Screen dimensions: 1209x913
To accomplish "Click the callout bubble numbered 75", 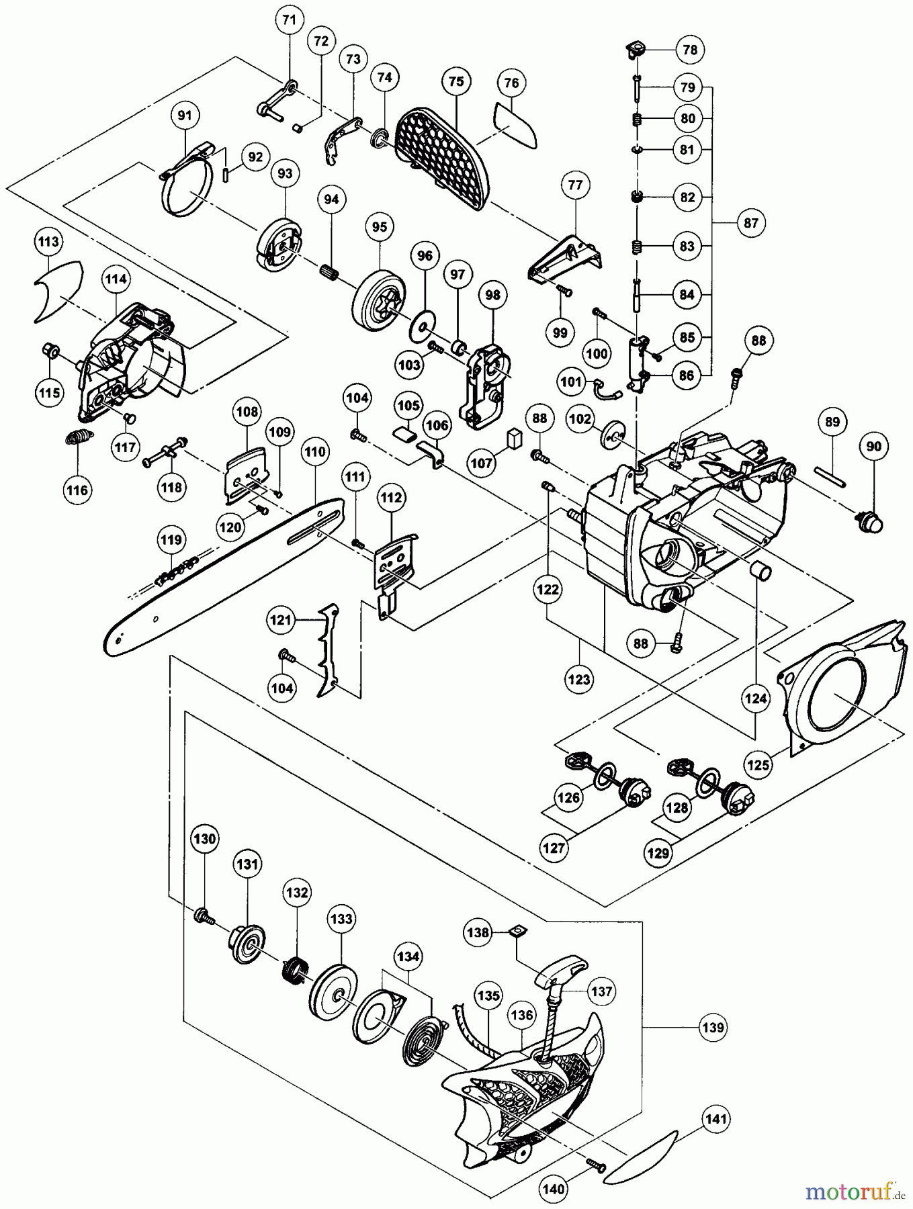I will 455,81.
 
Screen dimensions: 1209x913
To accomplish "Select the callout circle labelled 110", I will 314,453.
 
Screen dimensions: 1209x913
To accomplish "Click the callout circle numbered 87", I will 751,222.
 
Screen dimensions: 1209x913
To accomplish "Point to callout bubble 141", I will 718,1120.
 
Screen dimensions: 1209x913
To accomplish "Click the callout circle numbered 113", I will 49,242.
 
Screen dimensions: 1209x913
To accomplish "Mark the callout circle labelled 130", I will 206,838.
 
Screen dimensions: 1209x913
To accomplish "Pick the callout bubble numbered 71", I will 289,21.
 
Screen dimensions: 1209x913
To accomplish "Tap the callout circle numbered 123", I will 579,680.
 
